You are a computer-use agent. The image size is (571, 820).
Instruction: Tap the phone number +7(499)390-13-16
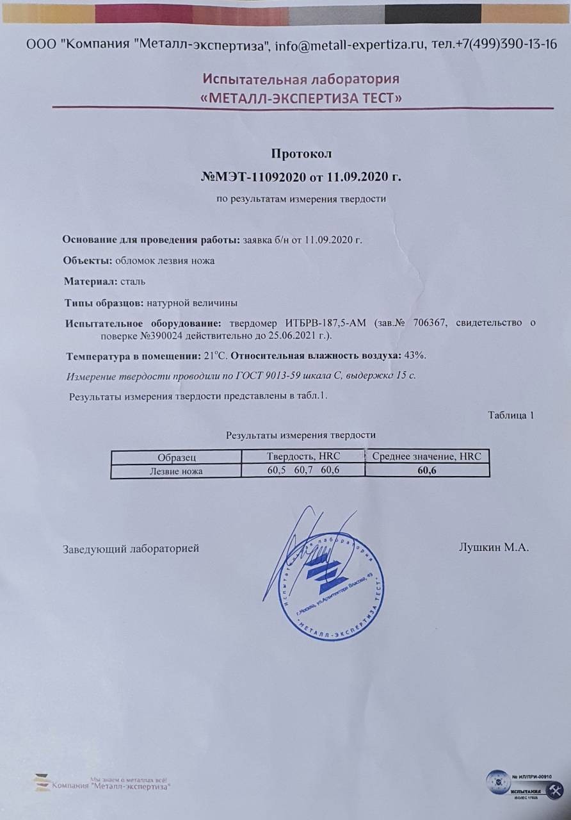[502, 45]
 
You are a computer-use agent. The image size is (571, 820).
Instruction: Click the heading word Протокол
[302, 154]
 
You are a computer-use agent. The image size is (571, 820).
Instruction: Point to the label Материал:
[90, 281]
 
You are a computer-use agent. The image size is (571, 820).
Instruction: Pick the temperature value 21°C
[216, 356]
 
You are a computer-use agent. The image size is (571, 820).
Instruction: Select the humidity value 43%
[415, 356]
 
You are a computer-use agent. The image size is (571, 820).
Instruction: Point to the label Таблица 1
[511, 415]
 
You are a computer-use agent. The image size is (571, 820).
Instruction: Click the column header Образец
[176, 457]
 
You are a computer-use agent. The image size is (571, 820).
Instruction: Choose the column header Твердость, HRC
[302, 456]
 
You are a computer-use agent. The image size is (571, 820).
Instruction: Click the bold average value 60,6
[426, 471]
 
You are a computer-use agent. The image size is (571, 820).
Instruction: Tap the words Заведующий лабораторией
[131, 548]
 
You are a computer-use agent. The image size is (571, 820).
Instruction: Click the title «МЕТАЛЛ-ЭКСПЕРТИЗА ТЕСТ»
[302, 98]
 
